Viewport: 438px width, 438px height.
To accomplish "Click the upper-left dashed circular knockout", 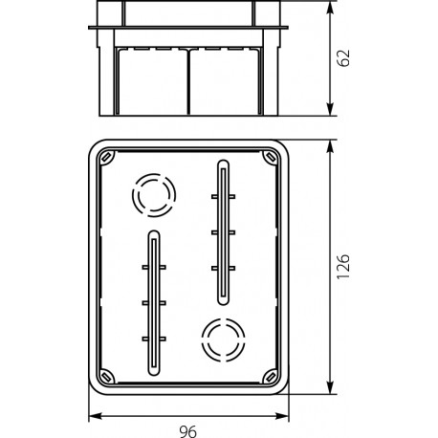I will tap(150, 196).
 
